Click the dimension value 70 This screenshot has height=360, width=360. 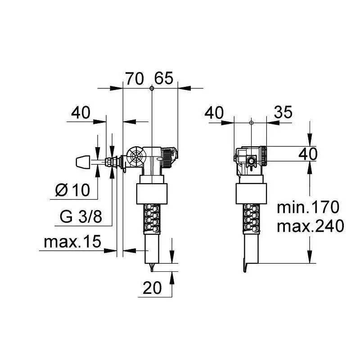(x=135, y=78)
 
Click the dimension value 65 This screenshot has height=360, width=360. (x=163, y=78)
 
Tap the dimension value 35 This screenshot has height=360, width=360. (x=283, y=112)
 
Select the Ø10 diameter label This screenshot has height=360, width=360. (x=72, y=190)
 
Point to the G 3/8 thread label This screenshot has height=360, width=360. (x=81, y=216)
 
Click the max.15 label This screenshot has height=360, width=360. (x=72, y=242)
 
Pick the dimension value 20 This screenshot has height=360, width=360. (x=152, y=288)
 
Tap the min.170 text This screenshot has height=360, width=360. (x=308, y=207)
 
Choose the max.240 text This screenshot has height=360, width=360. (x=310, y=226)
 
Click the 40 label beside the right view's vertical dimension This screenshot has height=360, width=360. (x=308, y=154)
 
